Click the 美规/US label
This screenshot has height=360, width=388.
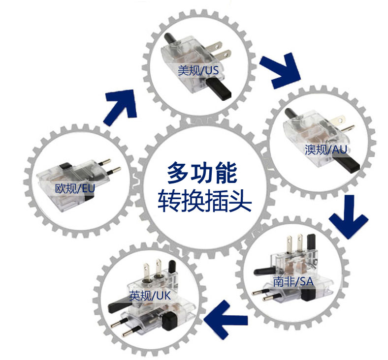coord(198,70)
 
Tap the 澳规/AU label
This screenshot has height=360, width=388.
coord(325,150)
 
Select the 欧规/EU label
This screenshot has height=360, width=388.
coord(75,188)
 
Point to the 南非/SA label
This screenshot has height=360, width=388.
coord(293,281)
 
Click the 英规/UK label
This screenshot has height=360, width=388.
coord(150,295)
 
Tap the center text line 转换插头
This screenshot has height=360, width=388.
coord(205,201)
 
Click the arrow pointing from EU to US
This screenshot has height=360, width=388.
coord(121,106)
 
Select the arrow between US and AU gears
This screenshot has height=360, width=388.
coord(280,70)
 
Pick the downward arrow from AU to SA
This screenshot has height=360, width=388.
coord(349,217)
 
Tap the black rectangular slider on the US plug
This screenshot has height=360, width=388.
coord(219,89)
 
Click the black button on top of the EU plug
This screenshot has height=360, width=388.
coord(66,166)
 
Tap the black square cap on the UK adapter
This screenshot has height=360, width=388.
coord(169,321)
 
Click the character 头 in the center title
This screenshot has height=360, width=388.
coord(240,201)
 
